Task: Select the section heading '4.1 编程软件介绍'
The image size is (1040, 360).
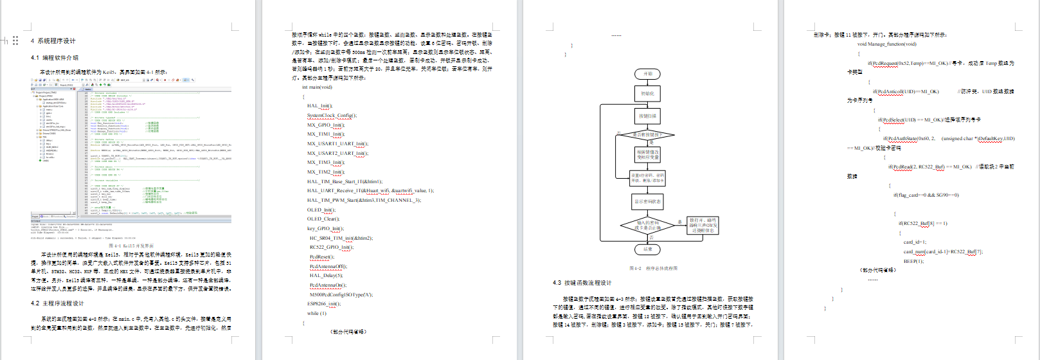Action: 55,58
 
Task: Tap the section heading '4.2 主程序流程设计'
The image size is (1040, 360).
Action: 57,303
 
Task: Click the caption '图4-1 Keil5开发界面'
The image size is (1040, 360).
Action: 131,246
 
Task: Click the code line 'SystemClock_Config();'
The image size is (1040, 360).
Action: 332,116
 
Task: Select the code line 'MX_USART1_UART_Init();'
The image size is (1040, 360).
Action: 337,144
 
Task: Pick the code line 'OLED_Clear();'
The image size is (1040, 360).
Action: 323,219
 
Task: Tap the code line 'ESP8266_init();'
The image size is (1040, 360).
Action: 324,304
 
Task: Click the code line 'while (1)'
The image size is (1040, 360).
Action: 316,314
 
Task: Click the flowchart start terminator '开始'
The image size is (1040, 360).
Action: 647,74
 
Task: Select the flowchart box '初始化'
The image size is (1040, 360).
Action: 647,94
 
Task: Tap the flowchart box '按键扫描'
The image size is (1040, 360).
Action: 647,116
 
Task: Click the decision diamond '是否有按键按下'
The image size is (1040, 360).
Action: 647,135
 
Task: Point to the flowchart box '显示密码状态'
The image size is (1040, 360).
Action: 647,201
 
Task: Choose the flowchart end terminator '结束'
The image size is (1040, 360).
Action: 647,249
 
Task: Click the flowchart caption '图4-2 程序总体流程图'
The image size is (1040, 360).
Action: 652,269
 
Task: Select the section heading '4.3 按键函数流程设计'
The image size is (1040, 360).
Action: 582,283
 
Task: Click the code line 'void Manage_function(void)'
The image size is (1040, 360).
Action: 886,44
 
